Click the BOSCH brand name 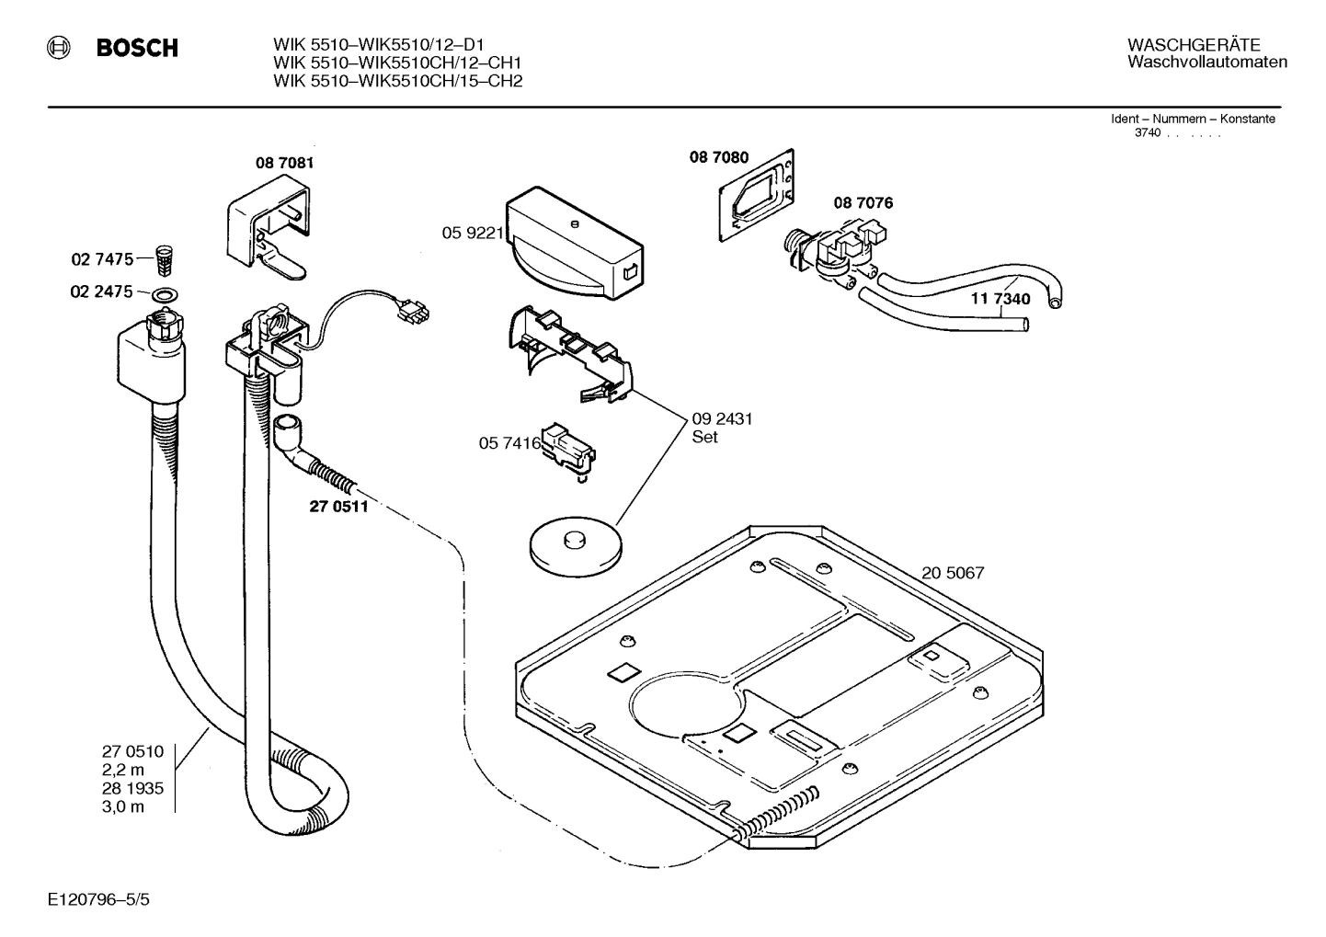point(137,48)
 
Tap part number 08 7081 point(284,164)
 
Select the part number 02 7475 point(102,260)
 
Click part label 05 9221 point(473,234)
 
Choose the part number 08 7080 point(719,158)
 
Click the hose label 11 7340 point(1000,299)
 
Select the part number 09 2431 point(722,419)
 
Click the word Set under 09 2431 point(704,438)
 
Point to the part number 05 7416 point(509,443)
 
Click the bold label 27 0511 point(338,506)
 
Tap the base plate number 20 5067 point(953,573)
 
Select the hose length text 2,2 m point(123,770)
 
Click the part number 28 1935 point(132,788)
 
